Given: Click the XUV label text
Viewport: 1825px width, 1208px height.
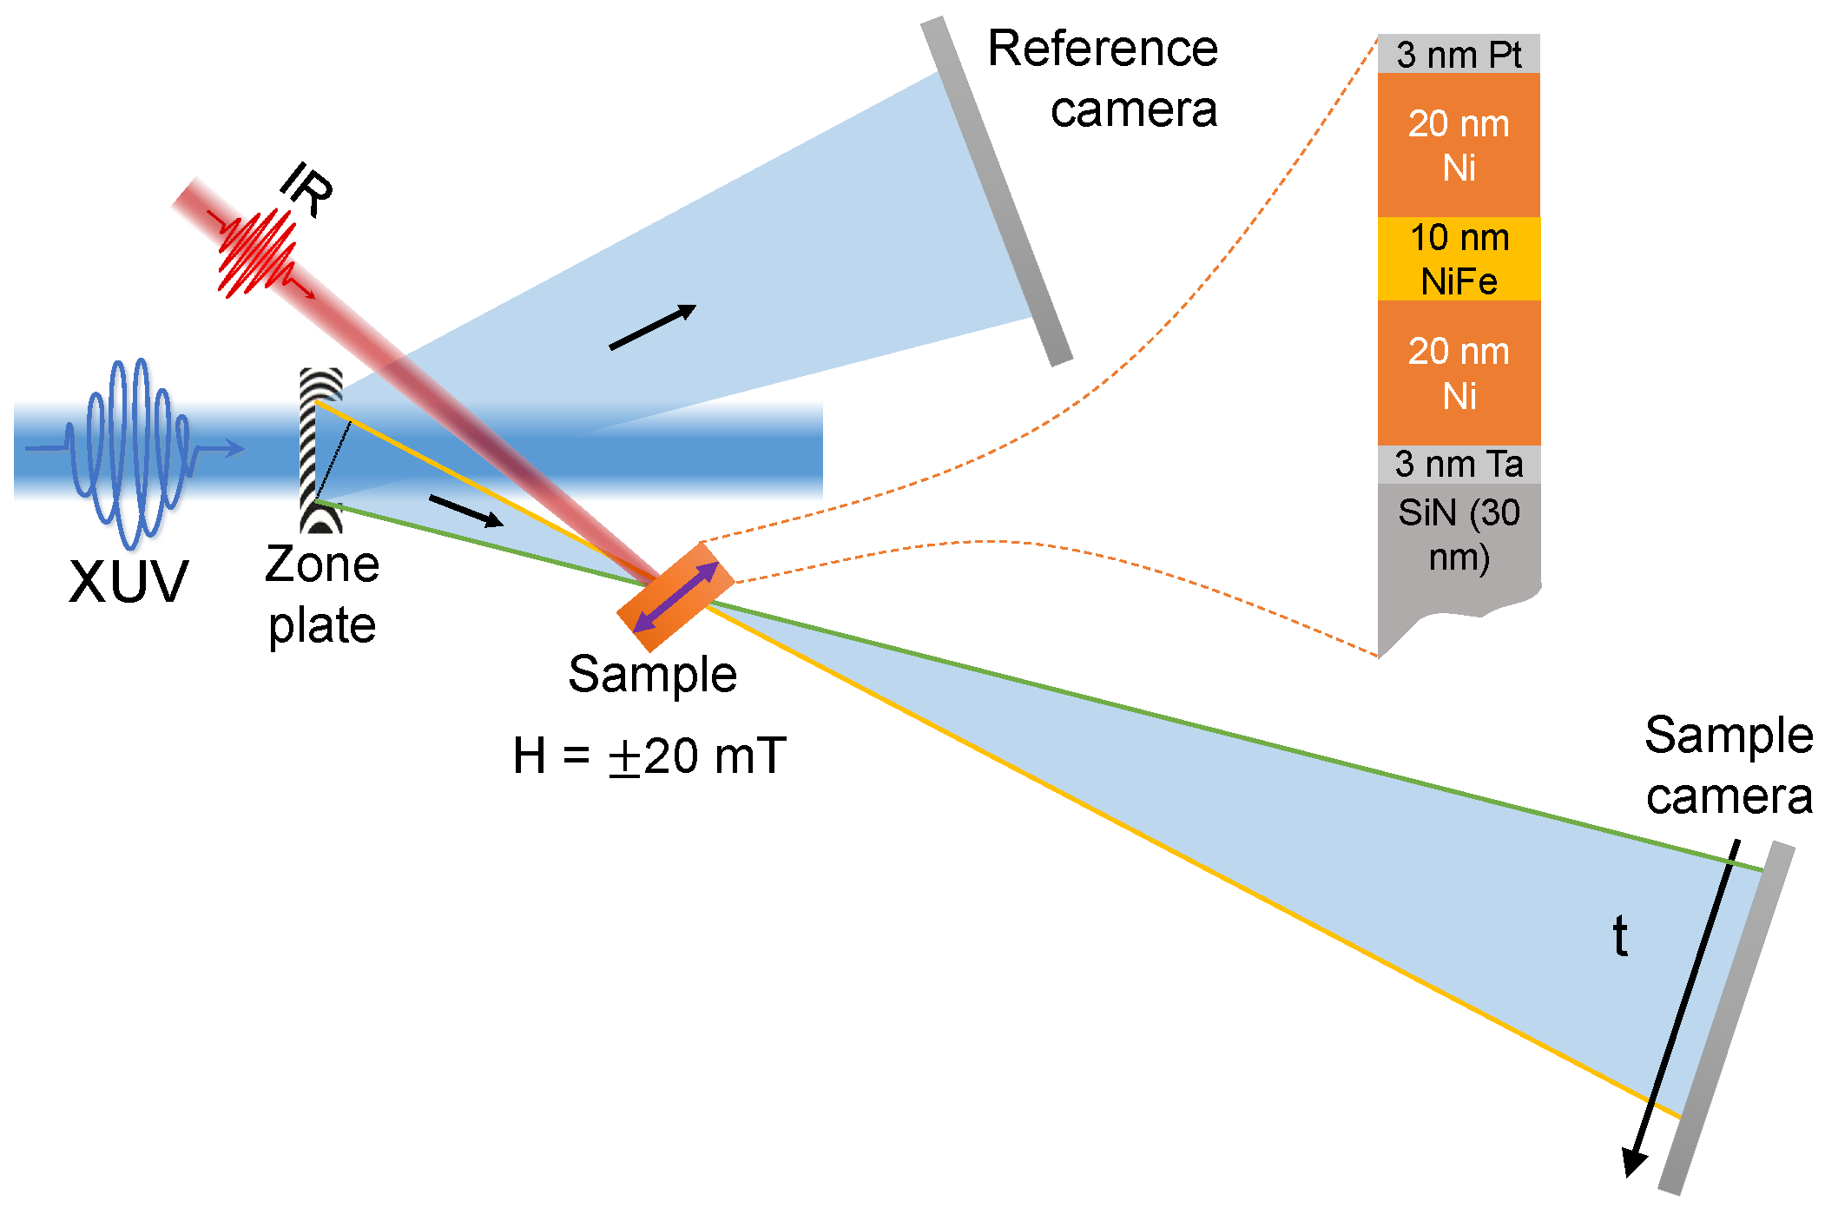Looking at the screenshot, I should click(x=128, y=581).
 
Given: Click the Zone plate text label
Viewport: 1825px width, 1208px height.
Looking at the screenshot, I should click(x=322, y=594).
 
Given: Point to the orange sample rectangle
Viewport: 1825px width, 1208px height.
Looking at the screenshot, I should click(x=675, y=597).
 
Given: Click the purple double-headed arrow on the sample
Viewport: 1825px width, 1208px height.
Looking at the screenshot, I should click(x=675, y=597).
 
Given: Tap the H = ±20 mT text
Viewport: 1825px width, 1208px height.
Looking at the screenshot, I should click(x=649, y=756).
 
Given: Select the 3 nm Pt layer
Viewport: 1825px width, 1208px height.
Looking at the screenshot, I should click(x=1458, y=55).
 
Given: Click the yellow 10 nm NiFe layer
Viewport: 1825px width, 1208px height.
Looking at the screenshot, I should click(x=1458, y=259).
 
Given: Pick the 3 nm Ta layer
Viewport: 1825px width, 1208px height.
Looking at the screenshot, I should click(x=1458, y=465).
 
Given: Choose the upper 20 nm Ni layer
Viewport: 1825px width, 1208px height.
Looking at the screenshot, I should click(x=1458, y=145).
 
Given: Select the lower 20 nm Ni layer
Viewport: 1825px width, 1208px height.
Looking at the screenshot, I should click(x=1458, y=373).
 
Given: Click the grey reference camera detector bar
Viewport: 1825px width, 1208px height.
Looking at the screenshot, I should click(x=997, y=191).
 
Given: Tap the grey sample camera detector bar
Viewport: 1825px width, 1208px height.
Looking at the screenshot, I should click(x=1726, y=1018).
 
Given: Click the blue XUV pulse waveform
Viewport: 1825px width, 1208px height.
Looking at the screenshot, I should click(x=130, y=452).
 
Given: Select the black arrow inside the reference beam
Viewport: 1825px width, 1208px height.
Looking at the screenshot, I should click(x=653, y=327).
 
